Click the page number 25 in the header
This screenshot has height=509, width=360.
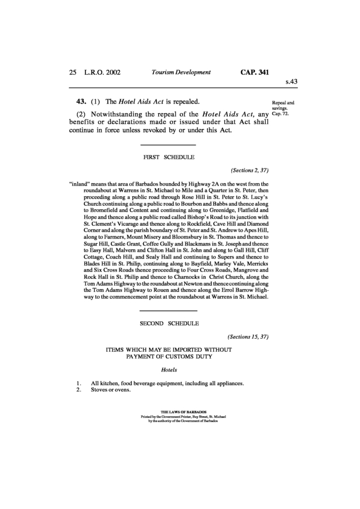tap(72, 72)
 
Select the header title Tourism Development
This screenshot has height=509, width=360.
tap(181, 72)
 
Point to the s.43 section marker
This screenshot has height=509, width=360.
tap(291, 81)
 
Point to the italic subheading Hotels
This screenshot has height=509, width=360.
tap(170, 370)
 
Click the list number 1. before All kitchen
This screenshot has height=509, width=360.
tap(79, 383)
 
